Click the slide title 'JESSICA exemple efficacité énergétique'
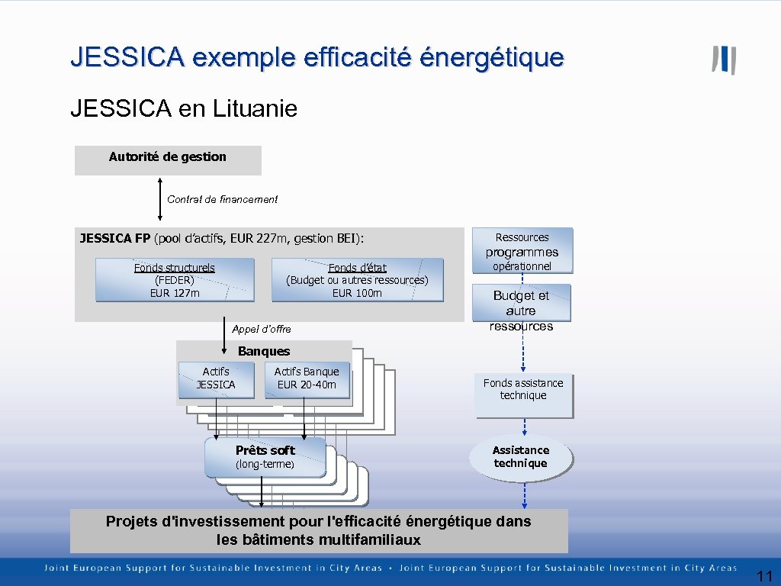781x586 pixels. (317, 57)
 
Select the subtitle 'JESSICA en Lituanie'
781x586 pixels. (183, 109)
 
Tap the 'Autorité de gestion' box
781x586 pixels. (168, 159)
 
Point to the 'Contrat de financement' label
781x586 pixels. (222, 199)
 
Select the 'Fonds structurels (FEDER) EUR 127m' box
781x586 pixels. (175, 280)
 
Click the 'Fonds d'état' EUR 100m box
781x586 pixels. (357, 280)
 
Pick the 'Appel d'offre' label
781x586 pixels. (261, 329)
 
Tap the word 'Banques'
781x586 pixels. (264, 352)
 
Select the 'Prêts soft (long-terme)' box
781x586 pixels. (265, 457)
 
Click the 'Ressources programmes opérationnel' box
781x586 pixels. (522, 250)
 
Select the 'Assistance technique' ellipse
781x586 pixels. (520, 457)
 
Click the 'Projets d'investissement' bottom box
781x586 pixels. (319, 530)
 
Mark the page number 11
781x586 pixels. (765, 576)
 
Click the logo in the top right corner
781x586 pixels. (724, 60)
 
